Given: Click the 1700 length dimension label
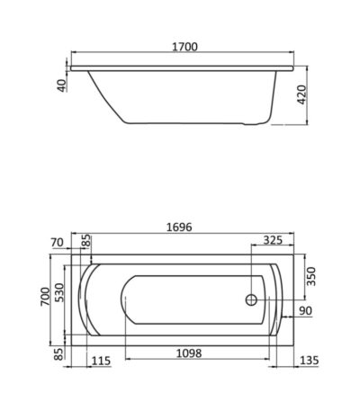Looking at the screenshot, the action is (x=184, y=47).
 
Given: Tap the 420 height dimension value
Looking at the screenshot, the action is (x=301, y=95).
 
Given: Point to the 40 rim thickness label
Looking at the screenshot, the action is (x=61, y=85).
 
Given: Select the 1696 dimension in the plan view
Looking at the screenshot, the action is (x=179, y=228).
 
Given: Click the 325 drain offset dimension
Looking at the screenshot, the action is (x=273, y=240).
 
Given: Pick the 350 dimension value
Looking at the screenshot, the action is (x=311, y=276).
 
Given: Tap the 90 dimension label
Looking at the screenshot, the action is (x=305, y=311).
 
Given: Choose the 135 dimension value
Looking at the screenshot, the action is (x=309, y=361).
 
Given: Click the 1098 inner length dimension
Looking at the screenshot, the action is (x=189, y=353).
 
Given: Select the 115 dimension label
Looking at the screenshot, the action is (x=101, y=361).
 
